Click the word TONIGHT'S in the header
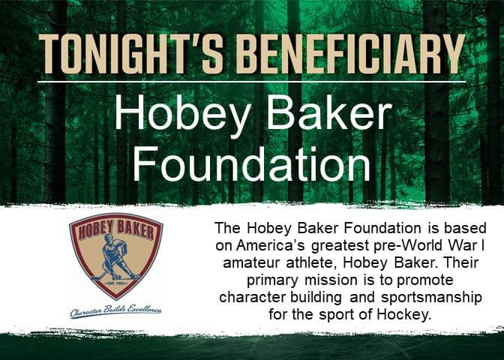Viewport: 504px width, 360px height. [130, 53]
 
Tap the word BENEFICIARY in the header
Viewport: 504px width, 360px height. [351, 53]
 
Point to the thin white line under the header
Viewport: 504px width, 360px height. [252, 82]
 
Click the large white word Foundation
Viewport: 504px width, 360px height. [252, 164]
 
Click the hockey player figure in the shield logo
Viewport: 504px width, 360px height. [115, 257]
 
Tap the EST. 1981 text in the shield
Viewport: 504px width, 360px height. [115, 283]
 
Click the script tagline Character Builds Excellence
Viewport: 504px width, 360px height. [115, 311]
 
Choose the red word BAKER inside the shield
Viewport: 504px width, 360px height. [135, 229]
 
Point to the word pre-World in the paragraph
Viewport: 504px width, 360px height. [409, 246]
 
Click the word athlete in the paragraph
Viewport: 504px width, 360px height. [311, 263]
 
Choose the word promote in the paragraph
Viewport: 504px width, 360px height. [425, 281]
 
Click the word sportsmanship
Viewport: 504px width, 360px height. [432, 298]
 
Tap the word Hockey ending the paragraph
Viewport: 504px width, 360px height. [404, 315]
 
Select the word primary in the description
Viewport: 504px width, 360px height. [272, 281]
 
